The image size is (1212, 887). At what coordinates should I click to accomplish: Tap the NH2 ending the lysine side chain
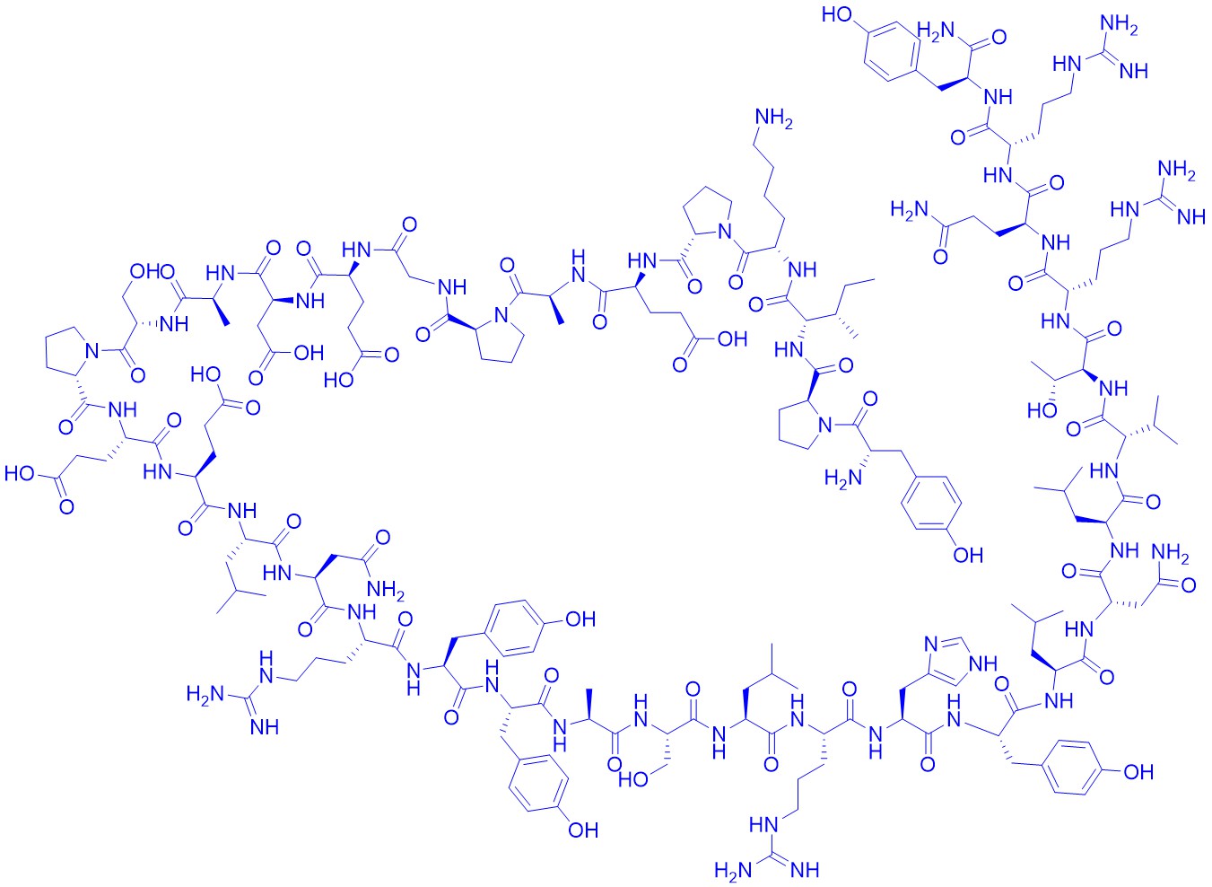pyautogui.click(x=774, y=119)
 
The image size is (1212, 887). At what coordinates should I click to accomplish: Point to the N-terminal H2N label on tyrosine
pyautogui.click(x=840, y=477)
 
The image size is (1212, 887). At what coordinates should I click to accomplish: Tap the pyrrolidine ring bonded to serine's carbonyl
pyautogui.click(x=69, y=349)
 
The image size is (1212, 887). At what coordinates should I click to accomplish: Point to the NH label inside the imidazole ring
pyautogui.click(x=983, y=663)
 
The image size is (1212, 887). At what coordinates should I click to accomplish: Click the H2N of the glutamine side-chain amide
pyautogui.click(x=910, y=208)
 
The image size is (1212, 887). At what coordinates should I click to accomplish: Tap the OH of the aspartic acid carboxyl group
pyautogui.click(x=308, y=353)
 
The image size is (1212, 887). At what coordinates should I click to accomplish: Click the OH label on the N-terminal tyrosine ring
pyautogui.click(x=968, y=554)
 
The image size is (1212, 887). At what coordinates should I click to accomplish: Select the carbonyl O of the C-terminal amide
pyautogui.click(x=998, y=38)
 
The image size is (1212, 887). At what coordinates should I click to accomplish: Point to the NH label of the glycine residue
pyautogui.click(x=453, y=287)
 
